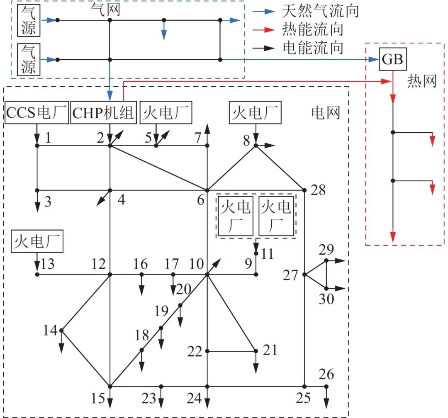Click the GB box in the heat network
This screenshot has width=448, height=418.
[x=392, y=60]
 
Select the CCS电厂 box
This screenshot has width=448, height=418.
[x=37, y=112]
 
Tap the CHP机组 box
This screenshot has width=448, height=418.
[x=104, y=112]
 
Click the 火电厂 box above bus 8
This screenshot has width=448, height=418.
[x=255, y=112]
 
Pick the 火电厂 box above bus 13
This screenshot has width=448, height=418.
[x=37, y=241]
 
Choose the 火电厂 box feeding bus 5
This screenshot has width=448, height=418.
[x=166, y=112]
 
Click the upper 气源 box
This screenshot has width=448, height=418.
[x=29, y=20]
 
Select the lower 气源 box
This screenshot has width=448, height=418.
[x=29, y=60]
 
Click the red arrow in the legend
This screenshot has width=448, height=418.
[x=265, y=29]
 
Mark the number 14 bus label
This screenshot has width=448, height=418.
[x=51, y=331]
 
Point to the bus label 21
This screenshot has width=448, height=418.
[x=270, y=350]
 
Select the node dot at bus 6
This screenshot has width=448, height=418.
[x=207, y=190]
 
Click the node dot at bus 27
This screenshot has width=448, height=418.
[x=305, y=274]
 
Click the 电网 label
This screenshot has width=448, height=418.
[x=326, y=112]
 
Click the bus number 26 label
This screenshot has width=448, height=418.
[x=326, y=374]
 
